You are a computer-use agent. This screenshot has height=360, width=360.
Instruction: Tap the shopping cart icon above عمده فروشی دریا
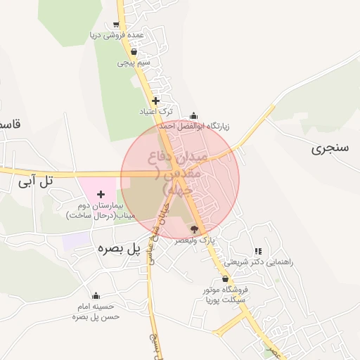pyautogui.click(x=115, y=25)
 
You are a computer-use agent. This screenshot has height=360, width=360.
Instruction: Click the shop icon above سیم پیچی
pyautogui.click(x=134, y=51)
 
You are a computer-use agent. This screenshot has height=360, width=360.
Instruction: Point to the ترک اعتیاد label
pyautogui.click(x=155, y=112)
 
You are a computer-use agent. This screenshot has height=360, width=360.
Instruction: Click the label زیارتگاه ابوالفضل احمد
pyautogui.click(x=193, y=127)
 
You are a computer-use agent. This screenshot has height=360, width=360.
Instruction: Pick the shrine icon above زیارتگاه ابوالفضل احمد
pyautogui.click(x=194, y=116)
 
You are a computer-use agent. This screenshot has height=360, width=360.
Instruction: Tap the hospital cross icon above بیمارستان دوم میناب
pyautogui.click(x=101, y=193)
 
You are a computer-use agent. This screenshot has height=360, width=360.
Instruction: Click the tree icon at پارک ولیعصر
pyautogui.click(x=195, y=229)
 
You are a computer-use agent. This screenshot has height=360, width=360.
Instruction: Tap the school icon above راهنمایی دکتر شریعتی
pyautogui.click(x=258, y=250)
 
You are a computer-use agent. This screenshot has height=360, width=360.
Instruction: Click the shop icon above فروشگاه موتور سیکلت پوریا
pyautogui.click(x=225, y=279)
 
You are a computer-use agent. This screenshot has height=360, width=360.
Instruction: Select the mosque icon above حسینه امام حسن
pyautogui.click(x=96, y=295)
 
